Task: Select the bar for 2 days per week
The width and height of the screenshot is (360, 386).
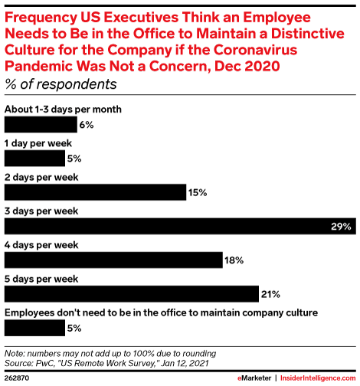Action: coord(96,192)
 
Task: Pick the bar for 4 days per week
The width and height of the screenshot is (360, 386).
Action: coord(113,260)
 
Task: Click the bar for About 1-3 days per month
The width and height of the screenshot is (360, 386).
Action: coord(41,124)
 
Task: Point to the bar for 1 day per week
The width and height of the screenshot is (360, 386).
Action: coord(35,159)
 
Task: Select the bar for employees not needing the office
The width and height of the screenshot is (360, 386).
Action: coord(35,328)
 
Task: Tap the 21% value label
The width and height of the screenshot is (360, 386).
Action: coord(270,295)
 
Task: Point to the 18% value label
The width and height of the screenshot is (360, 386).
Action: coord(234,260)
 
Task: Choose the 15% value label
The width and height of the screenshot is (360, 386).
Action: coord(198,193)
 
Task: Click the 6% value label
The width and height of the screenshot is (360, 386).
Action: coord(86,125)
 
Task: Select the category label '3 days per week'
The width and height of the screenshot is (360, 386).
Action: coord(41,211)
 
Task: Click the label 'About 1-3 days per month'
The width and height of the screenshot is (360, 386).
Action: coord(64,109)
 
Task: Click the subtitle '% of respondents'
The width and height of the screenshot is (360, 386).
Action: coord(61,84)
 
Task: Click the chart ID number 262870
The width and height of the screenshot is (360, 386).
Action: coord(19,378)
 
